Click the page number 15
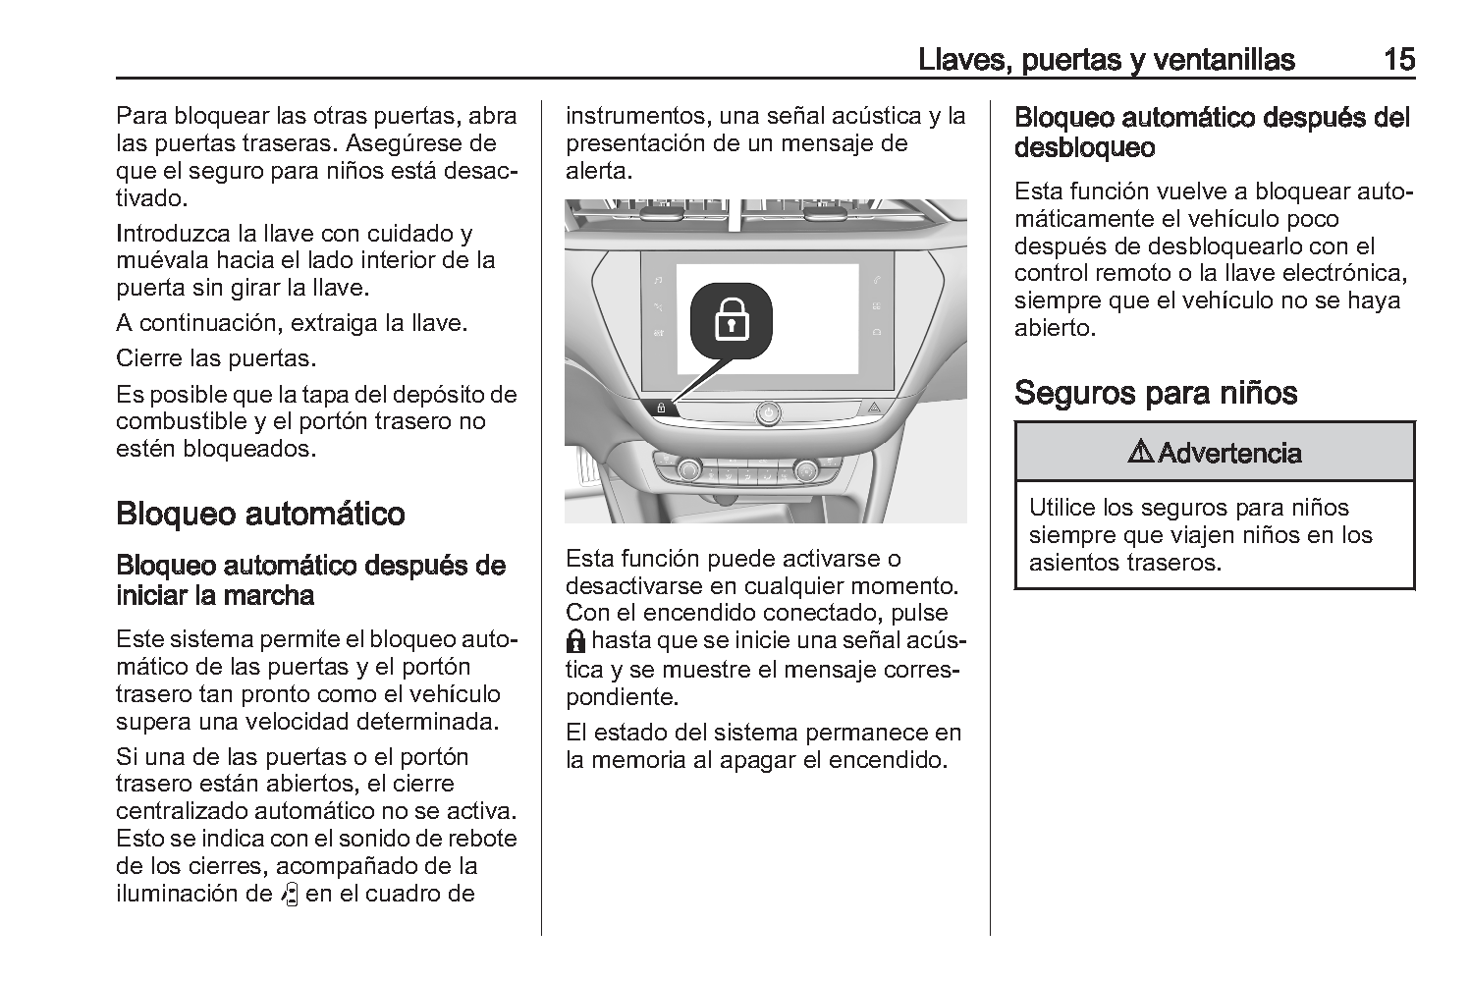(x=1398, y=60)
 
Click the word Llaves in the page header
(x=958, y=60)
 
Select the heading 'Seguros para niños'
(x=1156, y=393)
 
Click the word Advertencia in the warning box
(x=1229, y=453)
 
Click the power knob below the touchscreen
(x=767, y=412)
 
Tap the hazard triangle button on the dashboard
(x=874, y=407)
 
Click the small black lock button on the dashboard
(x=661, y=407)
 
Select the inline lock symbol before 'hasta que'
(x=576, y=642)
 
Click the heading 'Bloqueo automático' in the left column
(x=260, y=514)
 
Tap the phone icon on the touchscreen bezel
(x=876, y=281)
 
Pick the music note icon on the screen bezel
(x=658, y=281)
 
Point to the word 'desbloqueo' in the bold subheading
(x=1084, y=149)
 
